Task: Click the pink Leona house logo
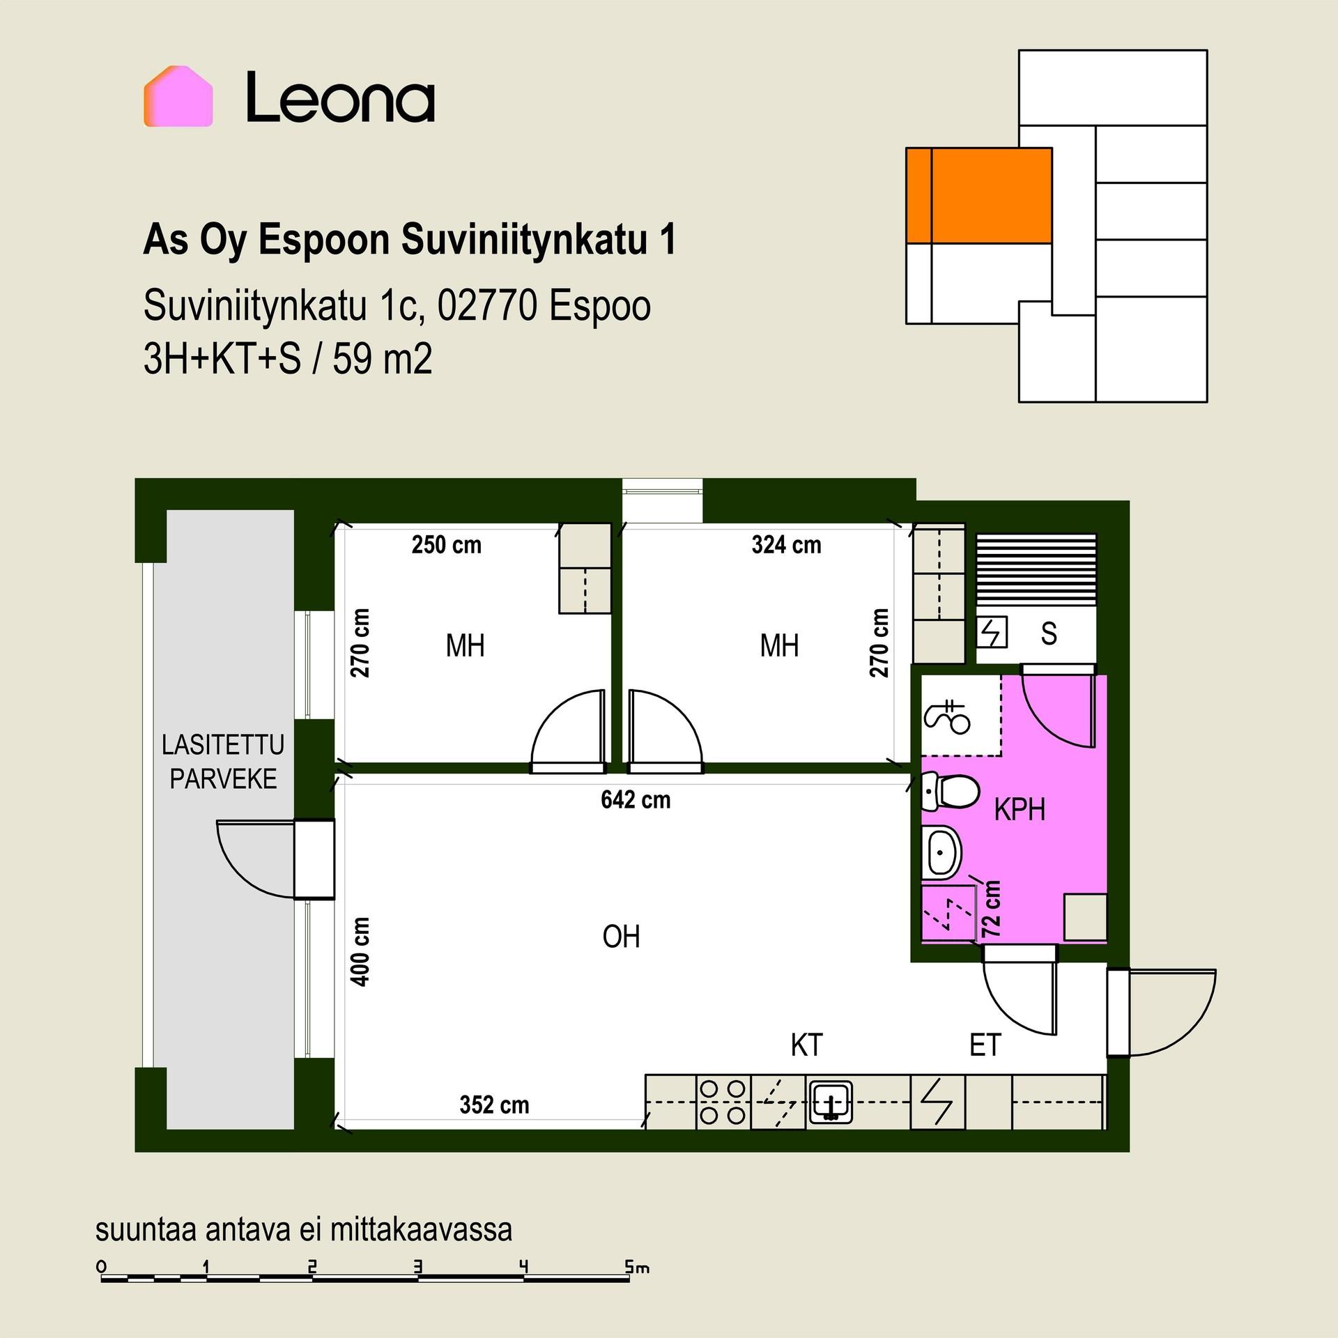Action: point(178,96)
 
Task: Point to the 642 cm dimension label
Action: point(636,799)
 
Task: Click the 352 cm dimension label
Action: point(494,1105)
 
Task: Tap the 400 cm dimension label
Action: point(360,951)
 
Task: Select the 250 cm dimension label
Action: point(446,544)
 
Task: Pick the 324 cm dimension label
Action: point(786,544)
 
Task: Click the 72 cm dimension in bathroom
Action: point(991,909)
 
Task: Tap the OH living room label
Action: point(621,937)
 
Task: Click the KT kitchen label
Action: point(807,1045)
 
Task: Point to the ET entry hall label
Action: point(985,1045)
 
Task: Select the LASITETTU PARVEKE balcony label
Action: point(223,762)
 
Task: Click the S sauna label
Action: point(1048,633)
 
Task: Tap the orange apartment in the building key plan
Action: point(978,195)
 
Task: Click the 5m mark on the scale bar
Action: point(637,1268)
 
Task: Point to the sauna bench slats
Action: point(1036,569)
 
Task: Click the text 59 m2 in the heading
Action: point(382,360)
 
